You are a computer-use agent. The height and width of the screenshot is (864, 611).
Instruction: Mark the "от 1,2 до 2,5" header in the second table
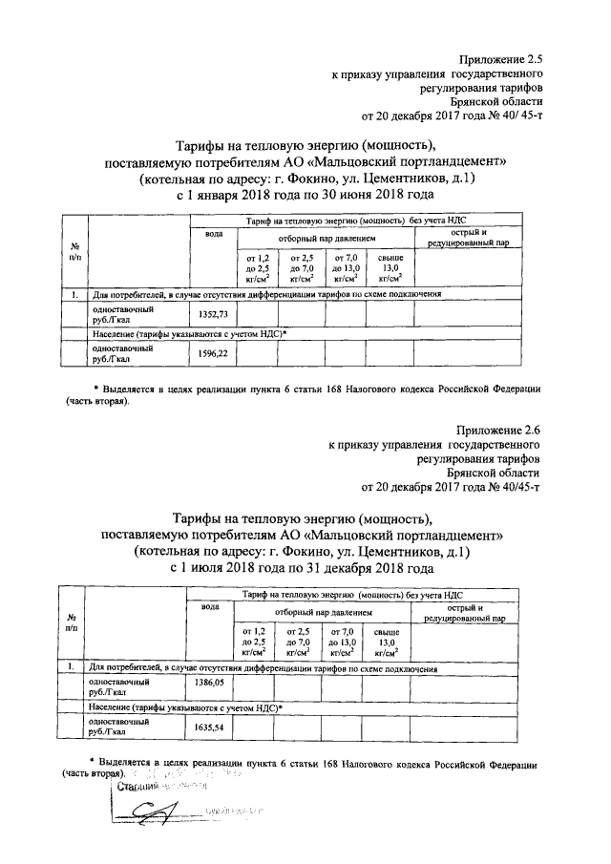click(255, 642)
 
